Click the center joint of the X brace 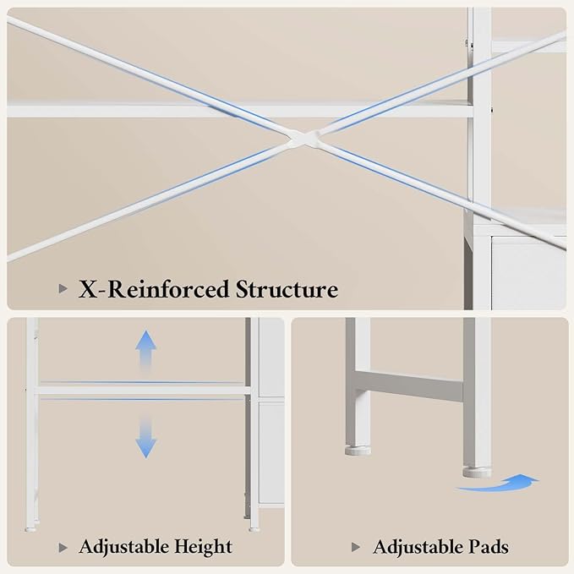click(x=303, y=139)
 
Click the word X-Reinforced click(x=155, y=289)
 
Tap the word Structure click(x=287, y=289)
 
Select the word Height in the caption click(x=203, y=547)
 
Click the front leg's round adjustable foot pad click(x=477, y=472)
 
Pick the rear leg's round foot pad click(x=358, y=451)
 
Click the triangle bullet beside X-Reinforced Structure click(x=63, y=289)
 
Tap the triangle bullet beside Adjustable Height click(x=63, y=548)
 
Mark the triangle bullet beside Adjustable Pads click(x=355, y=547)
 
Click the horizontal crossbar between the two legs click(x=410, y=386)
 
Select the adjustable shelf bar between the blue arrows click(x=144, y=391)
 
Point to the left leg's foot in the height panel click(x=30, y=529)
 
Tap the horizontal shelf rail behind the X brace click(x=240, y=111)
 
